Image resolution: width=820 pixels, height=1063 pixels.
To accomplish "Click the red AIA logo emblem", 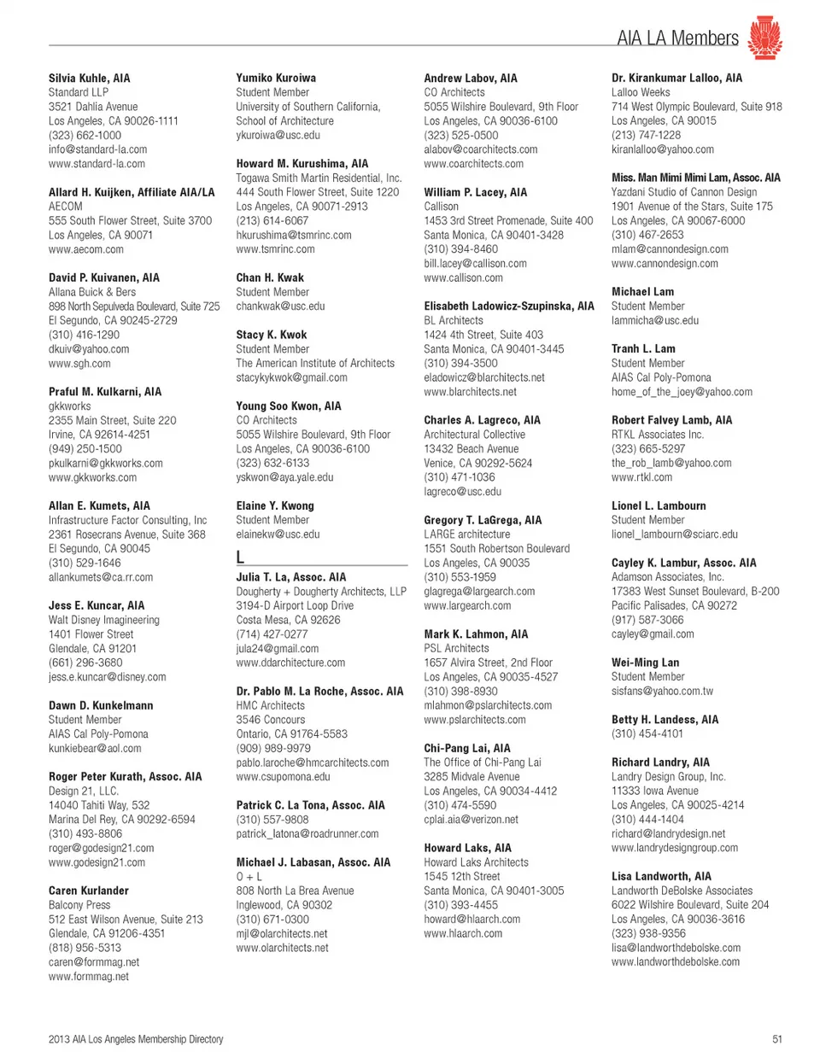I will tap(764, 38).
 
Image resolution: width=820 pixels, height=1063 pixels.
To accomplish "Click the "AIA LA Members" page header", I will tap(677, 38).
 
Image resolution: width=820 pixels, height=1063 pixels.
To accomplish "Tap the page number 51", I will tap(776, 1039).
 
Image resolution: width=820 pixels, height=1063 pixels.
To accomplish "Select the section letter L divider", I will tap(241, 557).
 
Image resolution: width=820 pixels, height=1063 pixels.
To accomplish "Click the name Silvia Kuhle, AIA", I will tap(90, 78).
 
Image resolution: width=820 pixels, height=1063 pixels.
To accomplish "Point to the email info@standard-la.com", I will tap(97, 149).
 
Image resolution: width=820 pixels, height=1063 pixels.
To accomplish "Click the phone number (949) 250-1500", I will tap(85, 449).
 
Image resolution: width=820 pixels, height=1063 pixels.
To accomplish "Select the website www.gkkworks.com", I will tap(92, 477).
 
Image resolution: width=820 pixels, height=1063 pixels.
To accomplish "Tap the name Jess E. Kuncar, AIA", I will tap(97, 605).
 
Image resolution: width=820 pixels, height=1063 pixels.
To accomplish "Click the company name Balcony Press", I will tap(79, 905).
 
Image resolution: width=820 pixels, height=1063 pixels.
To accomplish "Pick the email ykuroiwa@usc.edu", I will tap(278, 135).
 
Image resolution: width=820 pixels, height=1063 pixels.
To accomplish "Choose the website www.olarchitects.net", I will tap(282, 948).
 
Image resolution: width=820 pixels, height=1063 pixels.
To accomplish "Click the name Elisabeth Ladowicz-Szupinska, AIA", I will tap(509, 306).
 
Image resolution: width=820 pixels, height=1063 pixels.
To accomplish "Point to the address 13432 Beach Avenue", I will tap(471, 449).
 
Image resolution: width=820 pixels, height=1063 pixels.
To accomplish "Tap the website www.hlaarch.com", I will tap(463, 933).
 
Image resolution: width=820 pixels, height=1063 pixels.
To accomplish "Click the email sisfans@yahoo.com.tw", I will tap(662, 692).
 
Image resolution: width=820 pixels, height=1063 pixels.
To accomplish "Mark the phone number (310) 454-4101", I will tap(647, 733).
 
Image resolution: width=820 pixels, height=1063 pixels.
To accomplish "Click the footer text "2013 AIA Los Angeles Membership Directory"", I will tap(136, 1039).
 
